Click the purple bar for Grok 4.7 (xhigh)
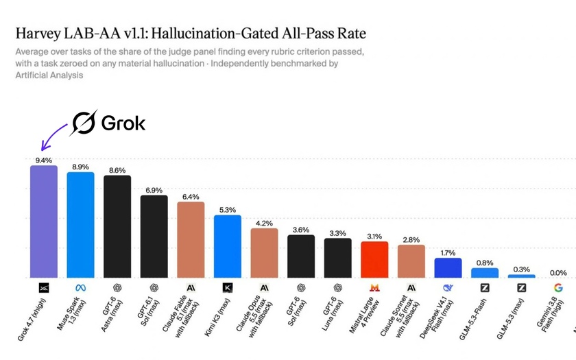click(44, 221)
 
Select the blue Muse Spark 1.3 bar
click(80, 225)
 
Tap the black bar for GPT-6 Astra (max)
click(117, 226)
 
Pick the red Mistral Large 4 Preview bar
click(374, 259)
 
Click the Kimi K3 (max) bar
click(228, 246)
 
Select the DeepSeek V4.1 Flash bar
click(448, 268)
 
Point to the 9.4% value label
click(44, 160)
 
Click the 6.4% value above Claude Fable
click(191, 197)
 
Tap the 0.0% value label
click(558, 273)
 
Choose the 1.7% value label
click(448, 253)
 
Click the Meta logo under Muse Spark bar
click(80, 288)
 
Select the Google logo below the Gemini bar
click(558, 288)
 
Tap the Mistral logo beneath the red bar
click(374, 288)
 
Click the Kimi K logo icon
click(228, 287)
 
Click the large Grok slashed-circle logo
click(84, 123)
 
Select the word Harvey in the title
click(38, 34)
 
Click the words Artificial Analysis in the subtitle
click(49, 75)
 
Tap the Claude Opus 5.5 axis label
click(254, 317)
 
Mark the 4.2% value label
click(264, 224)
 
